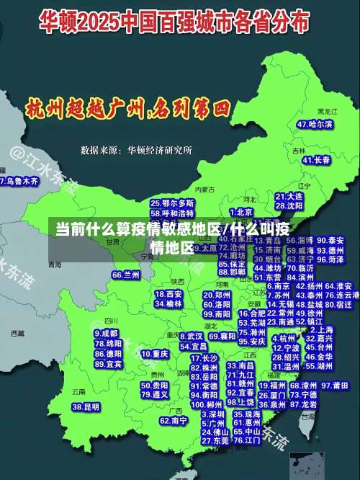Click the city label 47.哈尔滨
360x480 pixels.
pos(315,125)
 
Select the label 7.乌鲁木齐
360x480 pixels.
pos(19,181)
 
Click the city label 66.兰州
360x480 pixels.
pos(126,275)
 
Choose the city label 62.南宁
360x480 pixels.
pos(174,420)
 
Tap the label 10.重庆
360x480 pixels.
pos(155,355)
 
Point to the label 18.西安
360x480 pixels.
pos(169,294)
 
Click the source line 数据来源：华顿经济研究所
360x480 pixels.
pos(136,150)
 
